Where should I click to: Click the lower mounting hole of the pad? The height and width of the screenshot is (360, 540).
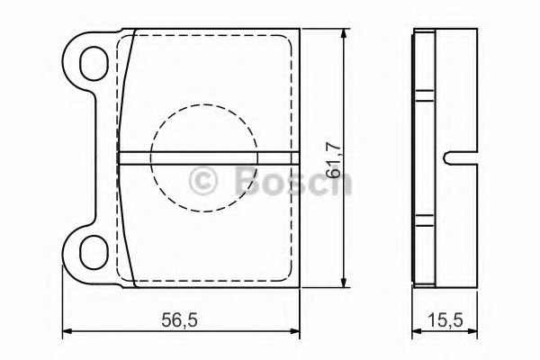click(x=92, y=253)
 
